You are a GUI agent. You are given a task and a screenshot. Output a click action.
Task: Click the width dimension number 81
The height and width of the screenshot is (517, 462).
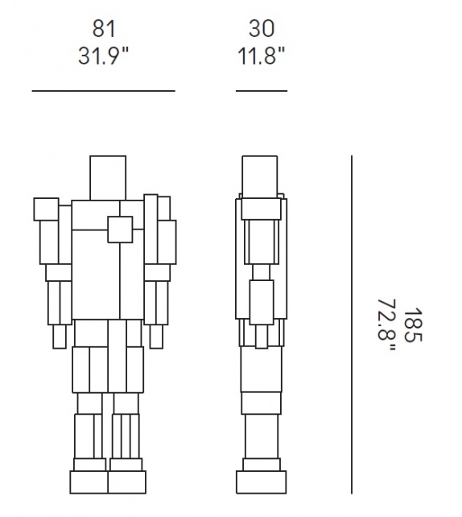coord(104,29)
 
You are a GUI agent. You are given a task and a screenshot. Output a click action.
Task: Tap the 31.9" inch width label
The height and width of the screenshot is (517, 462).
coord(103,56)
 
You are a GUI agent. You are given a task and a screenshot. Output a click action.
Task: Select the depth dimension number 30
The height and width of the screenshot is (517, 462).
coord(262,29)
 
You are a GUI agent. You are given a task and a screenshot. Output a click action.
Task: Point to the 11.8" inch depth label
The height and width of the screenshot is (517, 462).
coord(261,56)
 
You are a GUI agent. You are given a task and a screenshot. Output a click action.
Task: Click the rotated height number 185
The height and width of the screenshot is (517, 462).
coord(413,325)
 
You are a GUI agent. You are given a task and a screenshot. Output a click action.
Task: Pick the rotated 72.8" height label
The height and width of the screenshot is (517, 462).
coord(386,325)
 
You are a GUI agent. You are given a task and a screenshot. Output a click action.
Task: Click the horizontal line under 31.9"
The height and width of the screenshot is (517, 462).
coord(104,91)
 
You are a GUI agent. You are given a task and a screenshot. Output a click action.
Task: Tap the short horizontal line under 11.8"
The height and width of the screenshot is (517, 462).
coord(262,91)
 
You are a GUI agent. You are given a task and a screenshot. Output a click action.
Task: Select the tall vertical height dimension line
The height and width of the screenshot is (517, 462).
coord(352,325)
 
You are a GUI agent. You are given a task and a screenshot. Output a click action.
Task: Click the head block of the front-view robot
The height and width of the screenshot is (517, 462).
coord(108,178)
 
